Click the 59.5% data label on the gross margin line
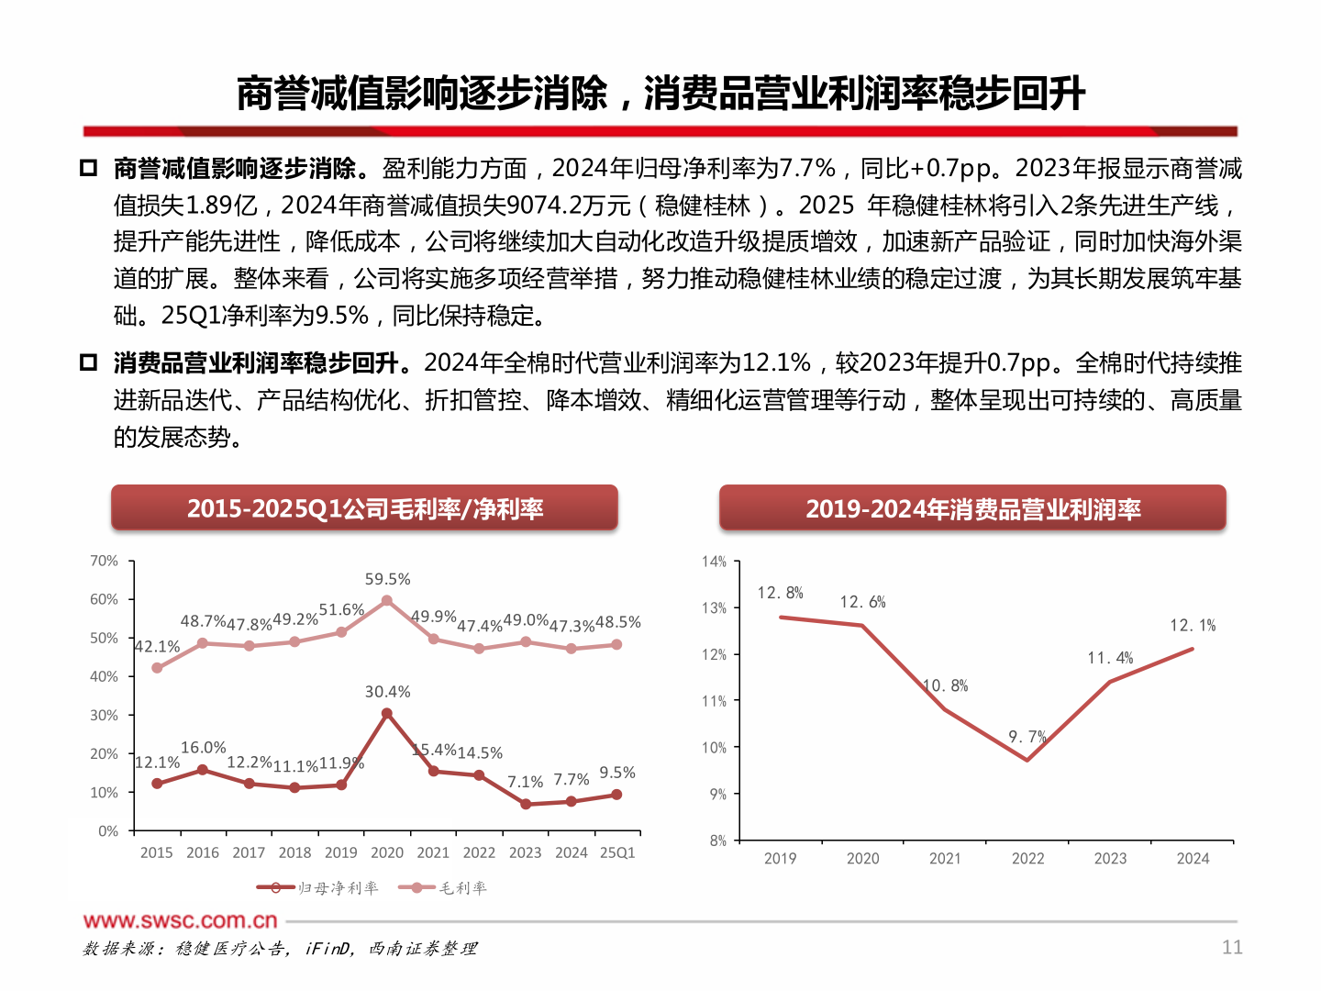pyautogui.click(x=387, y=579)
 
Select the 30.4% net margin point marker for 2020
pyautogui.click(x=387, y=713)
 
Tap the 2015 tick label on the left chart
pyautogui.click(x=156, y=852)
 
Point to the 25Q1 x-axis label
pyautogui.click(x=617, y=852)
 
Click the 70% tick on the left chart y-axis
pyautogui.click(x=104, y=561)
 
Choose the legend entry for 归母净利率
pyautogui.click(x=318, y=887)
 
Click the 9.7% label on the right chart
pyautogui.click(x=1027, y=737)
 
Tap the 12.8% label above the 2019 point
pyautogui.click(x=780, y=593)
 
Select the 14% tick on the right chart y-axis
pyautogui.click(x=714, y=562)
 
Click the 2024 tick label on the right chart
pyautogui.click(x=1193, y=859)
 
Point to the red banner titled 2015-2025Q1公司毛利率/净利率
pyautogui.click(x=364, y=508)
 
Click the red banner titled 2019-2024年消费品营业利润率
pyautogui.click(x=972, y=508)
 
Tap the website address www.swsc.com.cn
pyautogui.click(x=180, y=920)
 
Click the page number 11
pyautogui.click(x=1232, y=947)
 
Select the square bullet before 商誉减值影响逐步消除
pyautogui.click(x=88, y=168)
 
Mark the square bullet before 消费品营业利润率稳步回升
pyautogui.click(x=88, y=362)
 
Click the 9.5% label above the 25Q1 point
pyautogui.click(x=616, y=773)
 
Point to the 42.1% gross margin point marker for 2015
pyautogui.click(x=157, y=668)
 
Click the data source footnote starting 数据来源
pyautogui.click(x=280, y=949)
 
